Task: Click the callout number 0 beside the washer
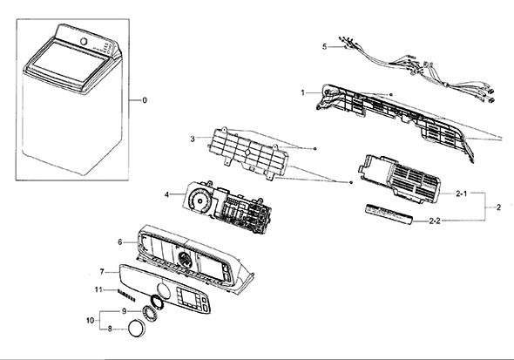pyautogui.click(x=145, y=100)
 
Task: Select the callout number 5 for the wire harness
pyautogui.click(x=325, y=46)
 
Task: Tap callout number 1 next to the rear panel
pyautogui.click(x=303, y=92)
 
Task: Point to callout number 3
pyautogui.click(x=193, y=139)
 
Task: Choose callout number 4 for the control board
pyautogui.click(x=167, y=194)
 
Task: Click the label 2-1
pyautogui.click(x=461, y=194)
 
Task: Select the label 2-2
pyautogui.click(x=435, y=221)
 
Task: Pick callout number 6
pyautogui.click(x=120, y=242)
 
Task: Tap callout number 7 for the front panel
pyautogui.click(x=102, y=272)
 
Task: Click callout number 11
pyautogui.click(x=98, y=290)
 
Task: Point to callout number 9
pyautogui.click(x=124, y=311)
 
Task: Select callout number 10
pyautogui.click(x=90, y=320)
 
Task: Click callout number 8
pyautogui.click(x=110, y=329)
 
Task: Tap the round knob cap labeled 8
pyautogui.click(x=137, y=328)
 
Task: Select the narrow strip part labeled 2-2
pyautogui.click(x=389, y=214)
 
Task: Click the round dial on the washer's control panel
pyautogui.click(x=84, y=42)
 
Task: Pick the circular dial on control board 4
pyautogui.click(x=199, y=200)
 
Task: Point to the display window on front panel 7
pyautogui.click(x=189, y=298)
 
